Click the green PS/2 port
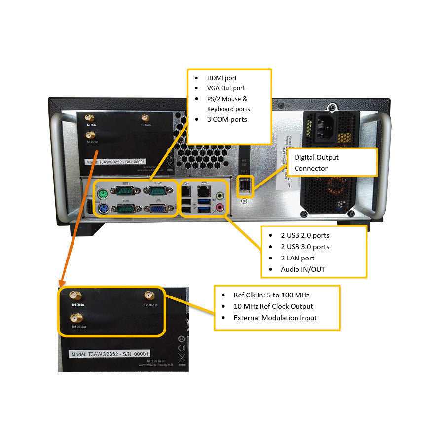[103, 194]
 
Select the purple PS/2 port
[103, 209]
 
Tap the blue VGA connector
[157, 209]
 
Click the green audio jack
[219, 195]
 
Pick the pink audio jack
[219, 208]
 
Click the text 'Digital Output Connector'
[317, 163]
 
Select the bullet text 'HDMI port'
[222, 78]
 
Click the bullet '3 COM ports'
[227, 119]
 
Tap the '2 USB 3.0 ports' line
[305, 247]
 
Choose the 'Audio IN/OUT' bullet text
[303, 269]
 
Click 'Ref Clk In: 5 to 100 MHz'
[271, 295]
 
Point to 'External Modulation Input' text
[275, 318]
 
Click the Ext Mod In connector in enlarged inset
[149, 296]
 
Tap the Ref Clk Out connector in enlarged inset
[77, 318]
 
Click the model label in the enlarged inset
[110, 354]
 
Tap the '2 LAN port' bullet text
[297, 258]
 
